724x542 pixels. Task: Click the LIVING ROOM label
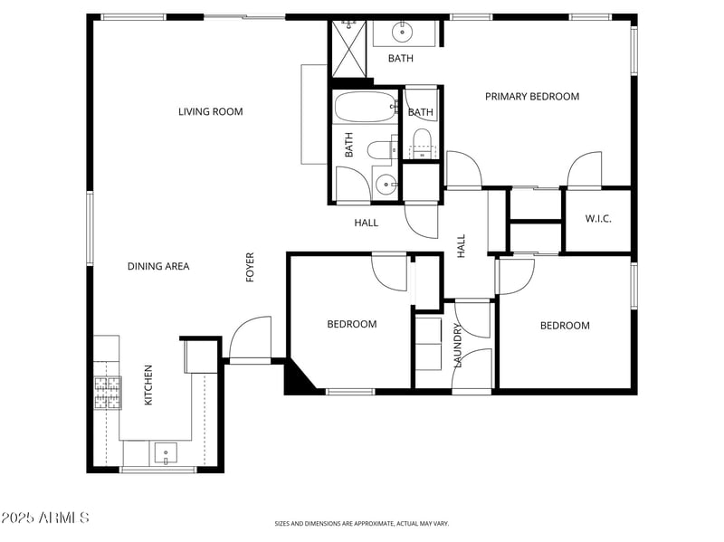210,112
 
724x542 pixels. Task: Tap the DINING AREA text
157,266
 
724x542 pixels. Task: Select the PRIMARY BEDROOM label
531,97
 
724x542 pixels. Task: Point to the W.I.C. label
598,219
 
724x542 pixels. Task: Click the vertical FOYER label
251,268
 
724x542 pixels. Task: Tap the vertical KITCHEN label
148,385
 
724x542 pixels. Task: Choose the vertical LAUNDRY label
458,346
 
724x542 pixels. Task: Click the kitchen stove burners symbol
108,393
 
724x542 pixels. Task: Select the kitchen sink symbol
165,452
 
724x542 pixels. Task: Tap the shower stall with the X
348,50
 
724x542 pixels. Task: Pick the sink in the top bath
403,33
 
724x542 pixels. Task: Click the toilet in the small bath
421,141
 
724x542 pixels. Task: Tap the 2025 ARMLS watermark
45,518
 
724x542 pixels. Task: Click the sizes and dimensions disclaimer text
361,523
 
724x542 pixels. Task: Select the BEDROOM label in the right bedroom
565,326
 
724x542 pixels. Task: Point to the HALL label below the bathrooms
366,223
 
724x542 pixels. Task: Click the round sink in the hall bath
386,185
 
